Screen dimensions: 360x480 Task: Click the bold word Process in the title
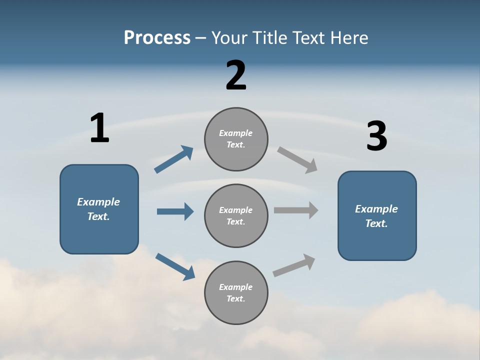tap(157, 38)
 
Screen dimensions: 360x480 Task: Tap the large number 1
tap(99, 128)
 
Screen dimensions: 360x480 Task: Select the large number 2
tap(236, 75)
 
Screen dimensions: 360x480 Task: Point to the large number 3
tap(376, 136)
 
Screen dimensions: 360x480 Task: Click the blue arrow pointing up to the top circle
tap(173, 159)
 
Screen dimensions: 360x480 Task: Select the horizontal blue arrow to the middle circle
tap(175, 211)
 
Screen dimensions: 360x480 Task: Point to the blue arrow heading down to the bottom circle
tap(175, 266)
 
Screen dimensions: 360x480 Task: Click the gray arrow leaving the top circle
tap(297, 160)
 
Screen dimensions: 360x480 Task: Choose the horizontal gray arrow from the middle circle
tap(296, 210)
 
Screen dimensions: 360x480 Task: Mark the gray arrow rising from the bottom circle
tap(294, 265)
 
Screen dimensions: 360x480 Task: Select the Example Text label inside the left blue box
tap(98, 209)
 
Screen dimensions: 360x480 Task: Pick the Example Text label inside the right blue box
tap(376, 216)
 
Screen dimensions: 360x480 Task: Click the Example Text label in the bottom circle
tap(235, 292)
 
